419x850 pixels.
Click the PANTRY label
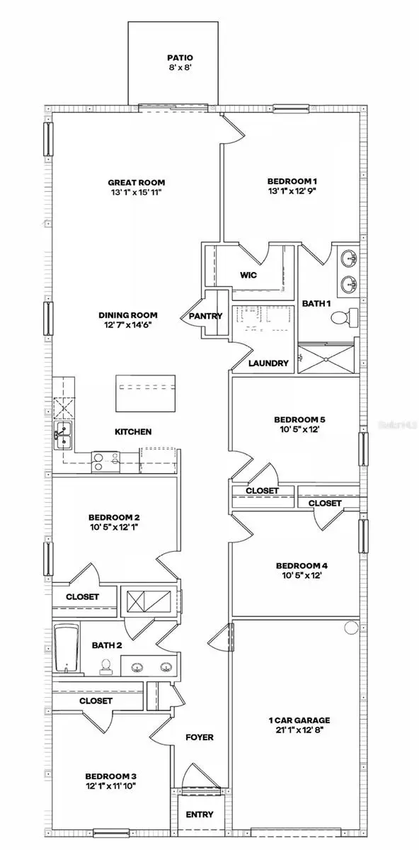[x=206, y=316]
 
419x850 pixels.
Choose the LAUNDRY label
[x=269, y=363]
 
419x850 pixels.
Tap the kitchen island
[x=145, y=393]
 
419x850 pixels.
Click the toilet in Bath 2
[x=105, y=666]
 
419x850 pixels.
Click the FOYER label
[x=199, y=737]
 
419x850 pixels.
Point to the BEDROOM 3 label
[x=108, y=775]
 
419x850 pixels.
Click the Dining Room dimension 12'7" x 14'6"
[x=128, y=325]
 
